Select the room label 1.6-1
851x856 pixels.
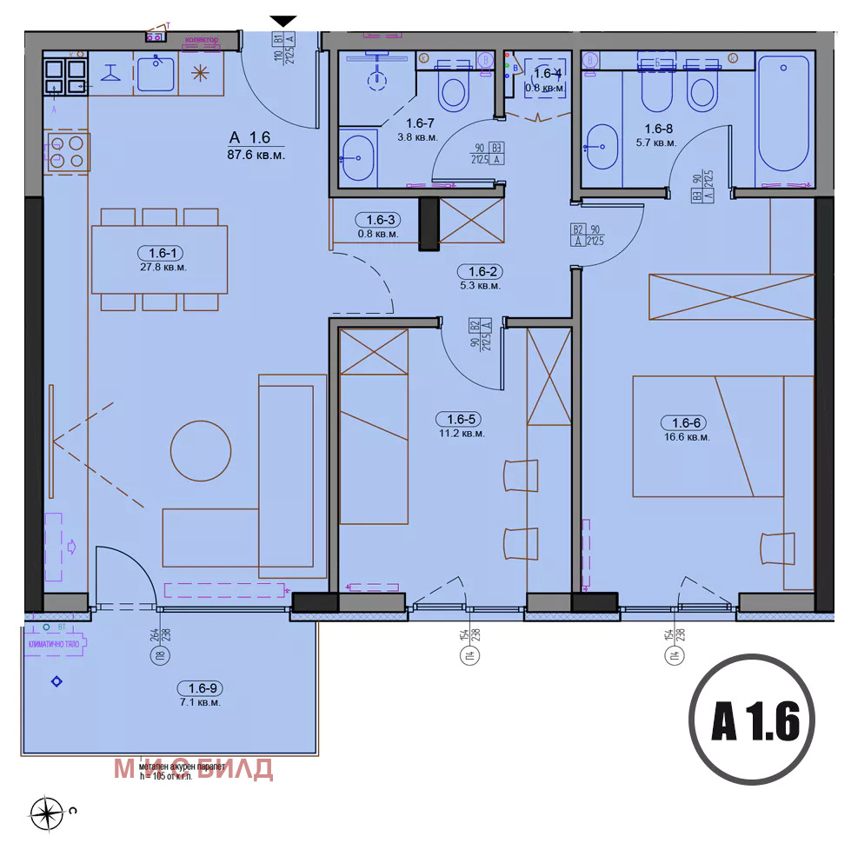point(162,253)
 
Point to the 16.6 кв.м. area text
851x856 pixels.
point(686,437)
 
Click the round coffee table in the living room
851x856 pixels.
point(201,450)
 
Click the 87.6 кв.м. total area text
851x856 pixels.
point(256,155)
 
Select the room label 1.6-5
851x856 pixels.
point(460,419)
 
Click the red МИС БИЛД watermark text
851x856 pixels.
point(194,768)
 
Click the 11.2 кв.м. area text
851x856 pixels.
point(461,433)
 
